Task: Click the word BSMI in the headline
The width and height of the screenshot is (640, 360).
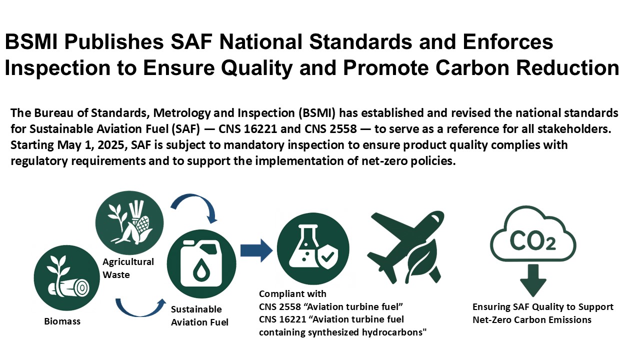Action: (31, 42)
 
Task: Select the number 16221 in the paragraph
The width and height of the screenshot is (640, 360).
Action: (260, 129)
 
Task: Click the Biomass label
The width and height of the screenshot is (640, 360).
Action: (62, 321)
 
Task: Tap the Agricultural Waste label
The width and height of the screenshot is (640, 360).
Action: (128, 268)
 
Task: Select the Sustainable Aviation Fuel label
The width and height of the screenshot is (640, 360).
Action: (199, 315)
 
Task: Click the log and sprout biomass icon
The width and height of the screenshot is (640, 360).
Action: (67, 277)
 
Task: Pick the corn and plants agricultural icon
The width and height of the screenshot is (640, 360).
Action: (129, 223)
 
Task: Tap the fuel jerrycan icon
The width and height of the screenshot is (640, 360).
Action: (201, 263)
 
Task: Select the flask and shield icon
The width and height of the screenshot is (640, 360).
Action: (313, 248)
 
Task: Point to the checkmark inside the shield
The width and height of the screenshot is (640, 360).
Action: (327, 256)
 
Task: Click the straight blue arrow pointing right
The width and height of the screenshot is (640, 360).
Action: (256, 250)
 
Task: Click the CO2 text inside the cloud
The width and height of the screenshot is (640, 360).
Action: (532, 241)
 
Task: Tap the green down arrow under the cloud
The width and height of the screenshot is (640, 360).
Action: (533, 280)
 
